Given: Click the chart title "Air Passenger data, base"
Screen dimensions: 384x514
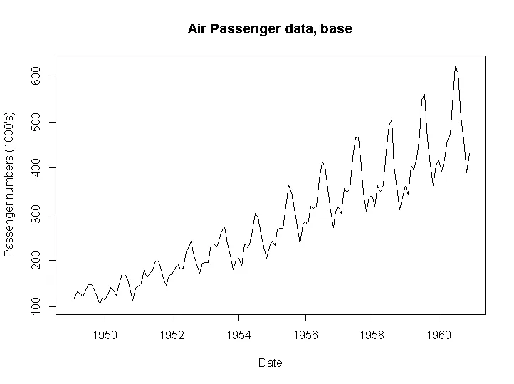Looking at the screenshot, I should (x=270, y=29).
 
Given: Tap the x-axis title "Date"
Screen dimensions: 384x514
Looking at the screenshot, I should (x=271, y=363).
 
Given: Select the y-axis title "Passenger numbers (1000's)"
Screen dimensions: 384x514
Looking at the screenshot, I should (x=10, y=184).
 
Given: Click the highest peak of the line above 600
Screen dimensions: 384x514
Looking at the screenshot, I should (x=455, y=66).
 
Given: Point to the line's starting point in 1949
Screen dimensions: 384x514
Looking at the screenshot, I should (x=73, y=301).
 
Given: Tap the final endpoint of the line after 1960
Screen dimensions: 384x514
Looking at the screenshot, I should (x=470, y=153).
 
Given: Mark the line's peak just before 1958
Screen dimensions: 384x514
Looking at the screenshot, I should (x=357, y=136).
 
